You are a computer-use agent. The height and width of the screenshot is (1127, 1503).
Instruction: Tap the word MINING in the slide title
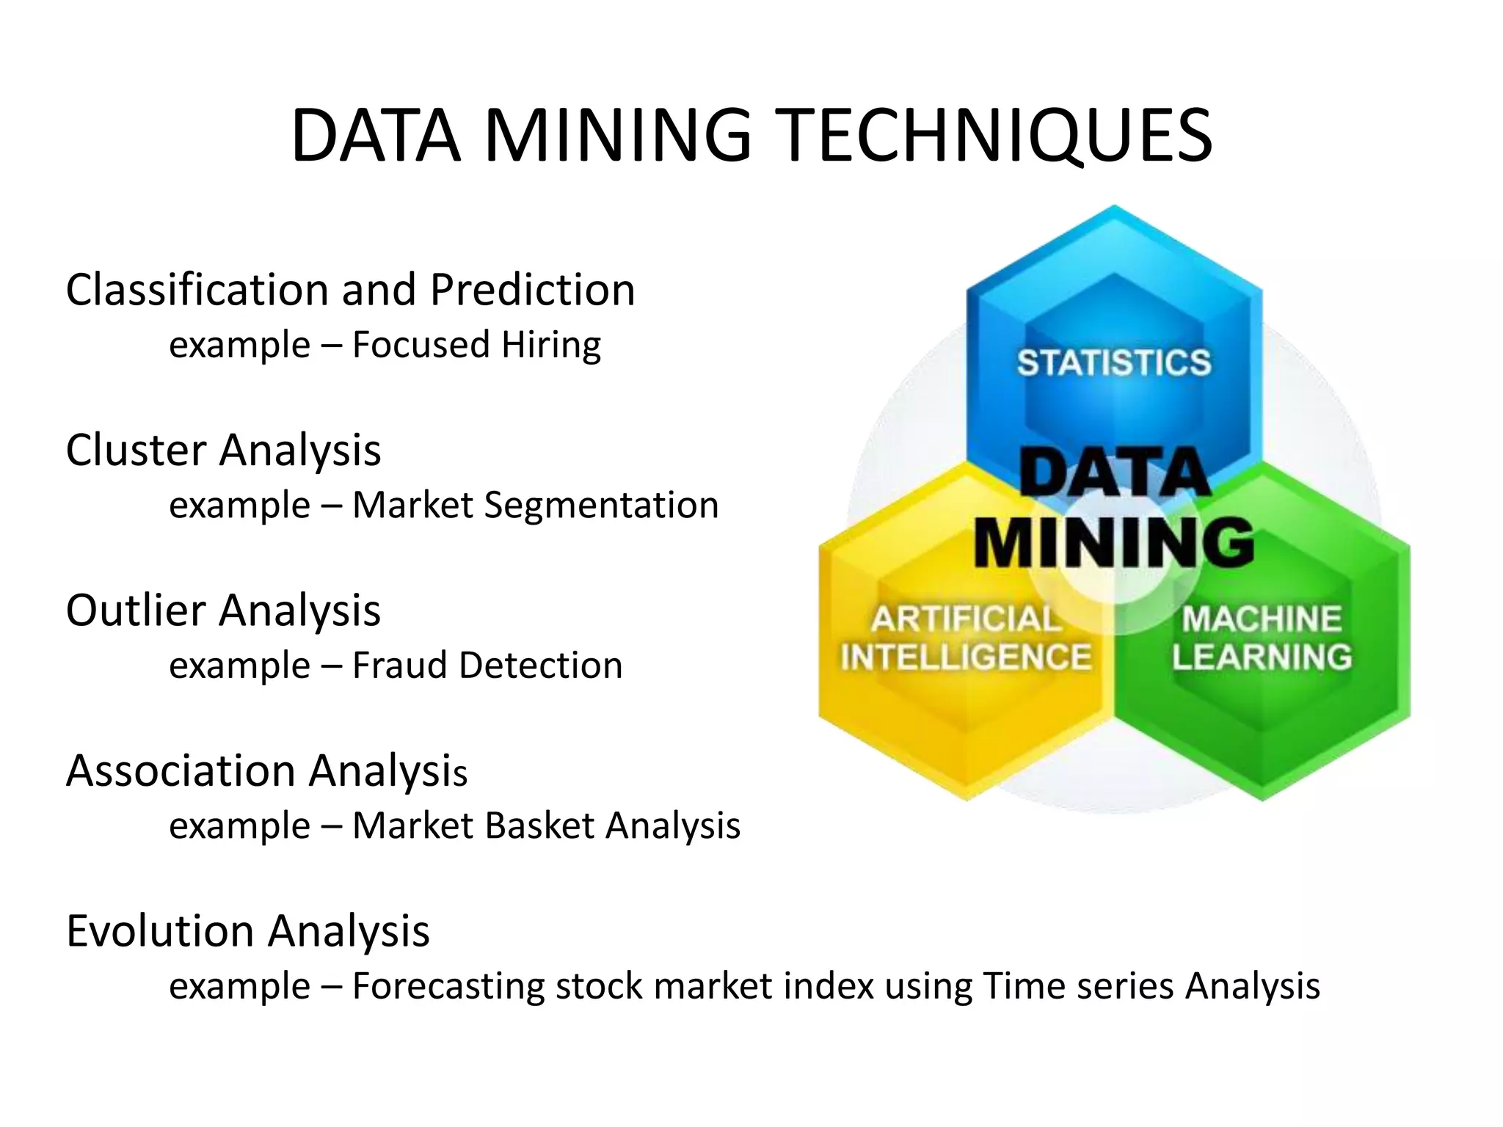pos(618,136)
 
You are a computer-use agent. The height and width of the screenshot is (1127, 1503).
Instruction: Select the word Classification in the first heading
pos(197,290)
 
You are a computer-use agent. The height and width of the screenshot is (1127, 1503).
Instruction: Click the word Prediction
pos(533,290)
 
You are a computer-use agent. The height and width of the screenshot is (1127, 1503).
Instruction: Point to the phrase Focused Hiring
pos(476,345)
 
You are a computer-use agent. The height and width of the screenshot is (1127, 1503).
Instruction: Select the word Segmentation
pos(601,506)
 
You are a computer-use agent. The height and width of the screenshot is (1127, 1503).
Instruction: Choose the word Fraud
pos(399,665)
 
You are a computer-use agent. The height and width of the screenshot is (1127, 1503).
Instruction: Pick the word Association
pos(181,771)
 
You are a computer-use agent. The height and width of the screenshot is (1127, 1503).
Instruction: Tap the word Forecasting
pos(448,986)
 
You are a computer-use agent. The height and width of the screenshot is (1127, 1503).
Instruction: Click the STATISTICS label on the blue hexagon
pos(1113,363)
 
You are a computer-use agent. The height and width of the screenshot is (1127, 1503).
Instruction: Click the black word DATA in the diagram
pos(1113,473)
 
